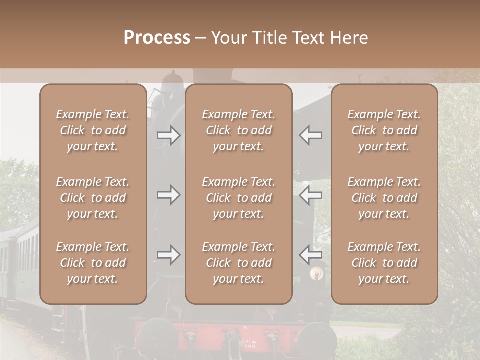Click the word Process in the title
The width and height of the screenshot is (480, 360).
pyautogui.click(x=157, y=38)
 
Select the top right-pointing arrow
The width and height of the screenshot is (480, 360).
pyautogui.click(x=168, y=135)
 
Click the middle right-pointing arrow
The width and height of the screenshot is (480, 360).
pyautogui.click(x=168, y=194)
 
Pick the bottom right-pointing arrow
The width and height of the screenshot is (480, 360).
pyautogui.click(x=168, y=255)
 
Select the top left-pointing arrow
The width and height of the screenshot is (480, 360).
pyautogui.click(x=311, y=135)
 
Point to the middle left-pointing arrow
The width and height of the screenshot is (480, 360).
pyautogui.click(x=311, y=194)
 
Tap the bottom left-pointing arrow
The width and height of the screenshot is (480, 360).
pyautogui.click(x=311, y=255)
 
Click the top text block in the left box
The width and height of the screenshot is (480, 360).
pyautogui.click(x=93, y=130)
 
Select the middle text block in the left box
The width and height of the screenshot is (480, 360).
pyautogui.click(x=93, y=198)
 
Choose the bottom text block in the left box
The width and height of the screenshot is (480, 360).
pyautogui.click(x=93, y=263)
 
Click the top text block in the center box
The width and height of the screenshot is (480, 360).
pyautogui.click(x=238, y=130)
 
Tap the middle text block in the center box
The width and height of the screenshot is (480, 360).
pyautogui.click(x=238, y=198)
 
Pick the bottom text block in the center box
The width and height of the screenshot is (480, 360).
pyautogui.click(x=238, y=263)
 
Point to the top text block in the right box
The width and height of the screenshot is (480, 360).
pyautogui.click(x=384, y=130)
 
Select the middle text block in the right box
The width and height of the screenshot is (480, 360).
pyautogui.click(x=384, y=198)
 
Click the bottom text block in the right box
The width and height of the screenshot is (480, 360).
pyautogui.click(x=384, y=263)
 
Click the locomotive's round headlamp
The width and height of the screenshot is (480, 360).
pyautogui.click(x=315, y=273)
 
